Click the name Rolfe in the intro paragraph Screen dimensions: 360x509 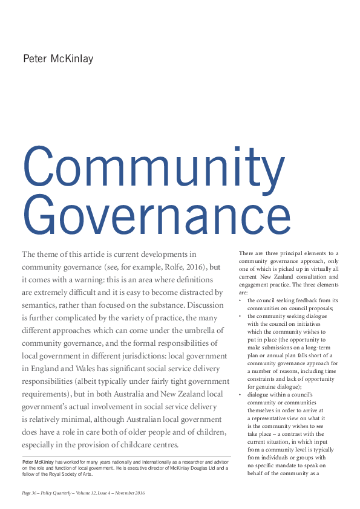click(x=163, y=267)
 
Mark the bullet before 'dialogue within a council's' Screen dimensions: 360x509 click(x=240, y=395)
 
